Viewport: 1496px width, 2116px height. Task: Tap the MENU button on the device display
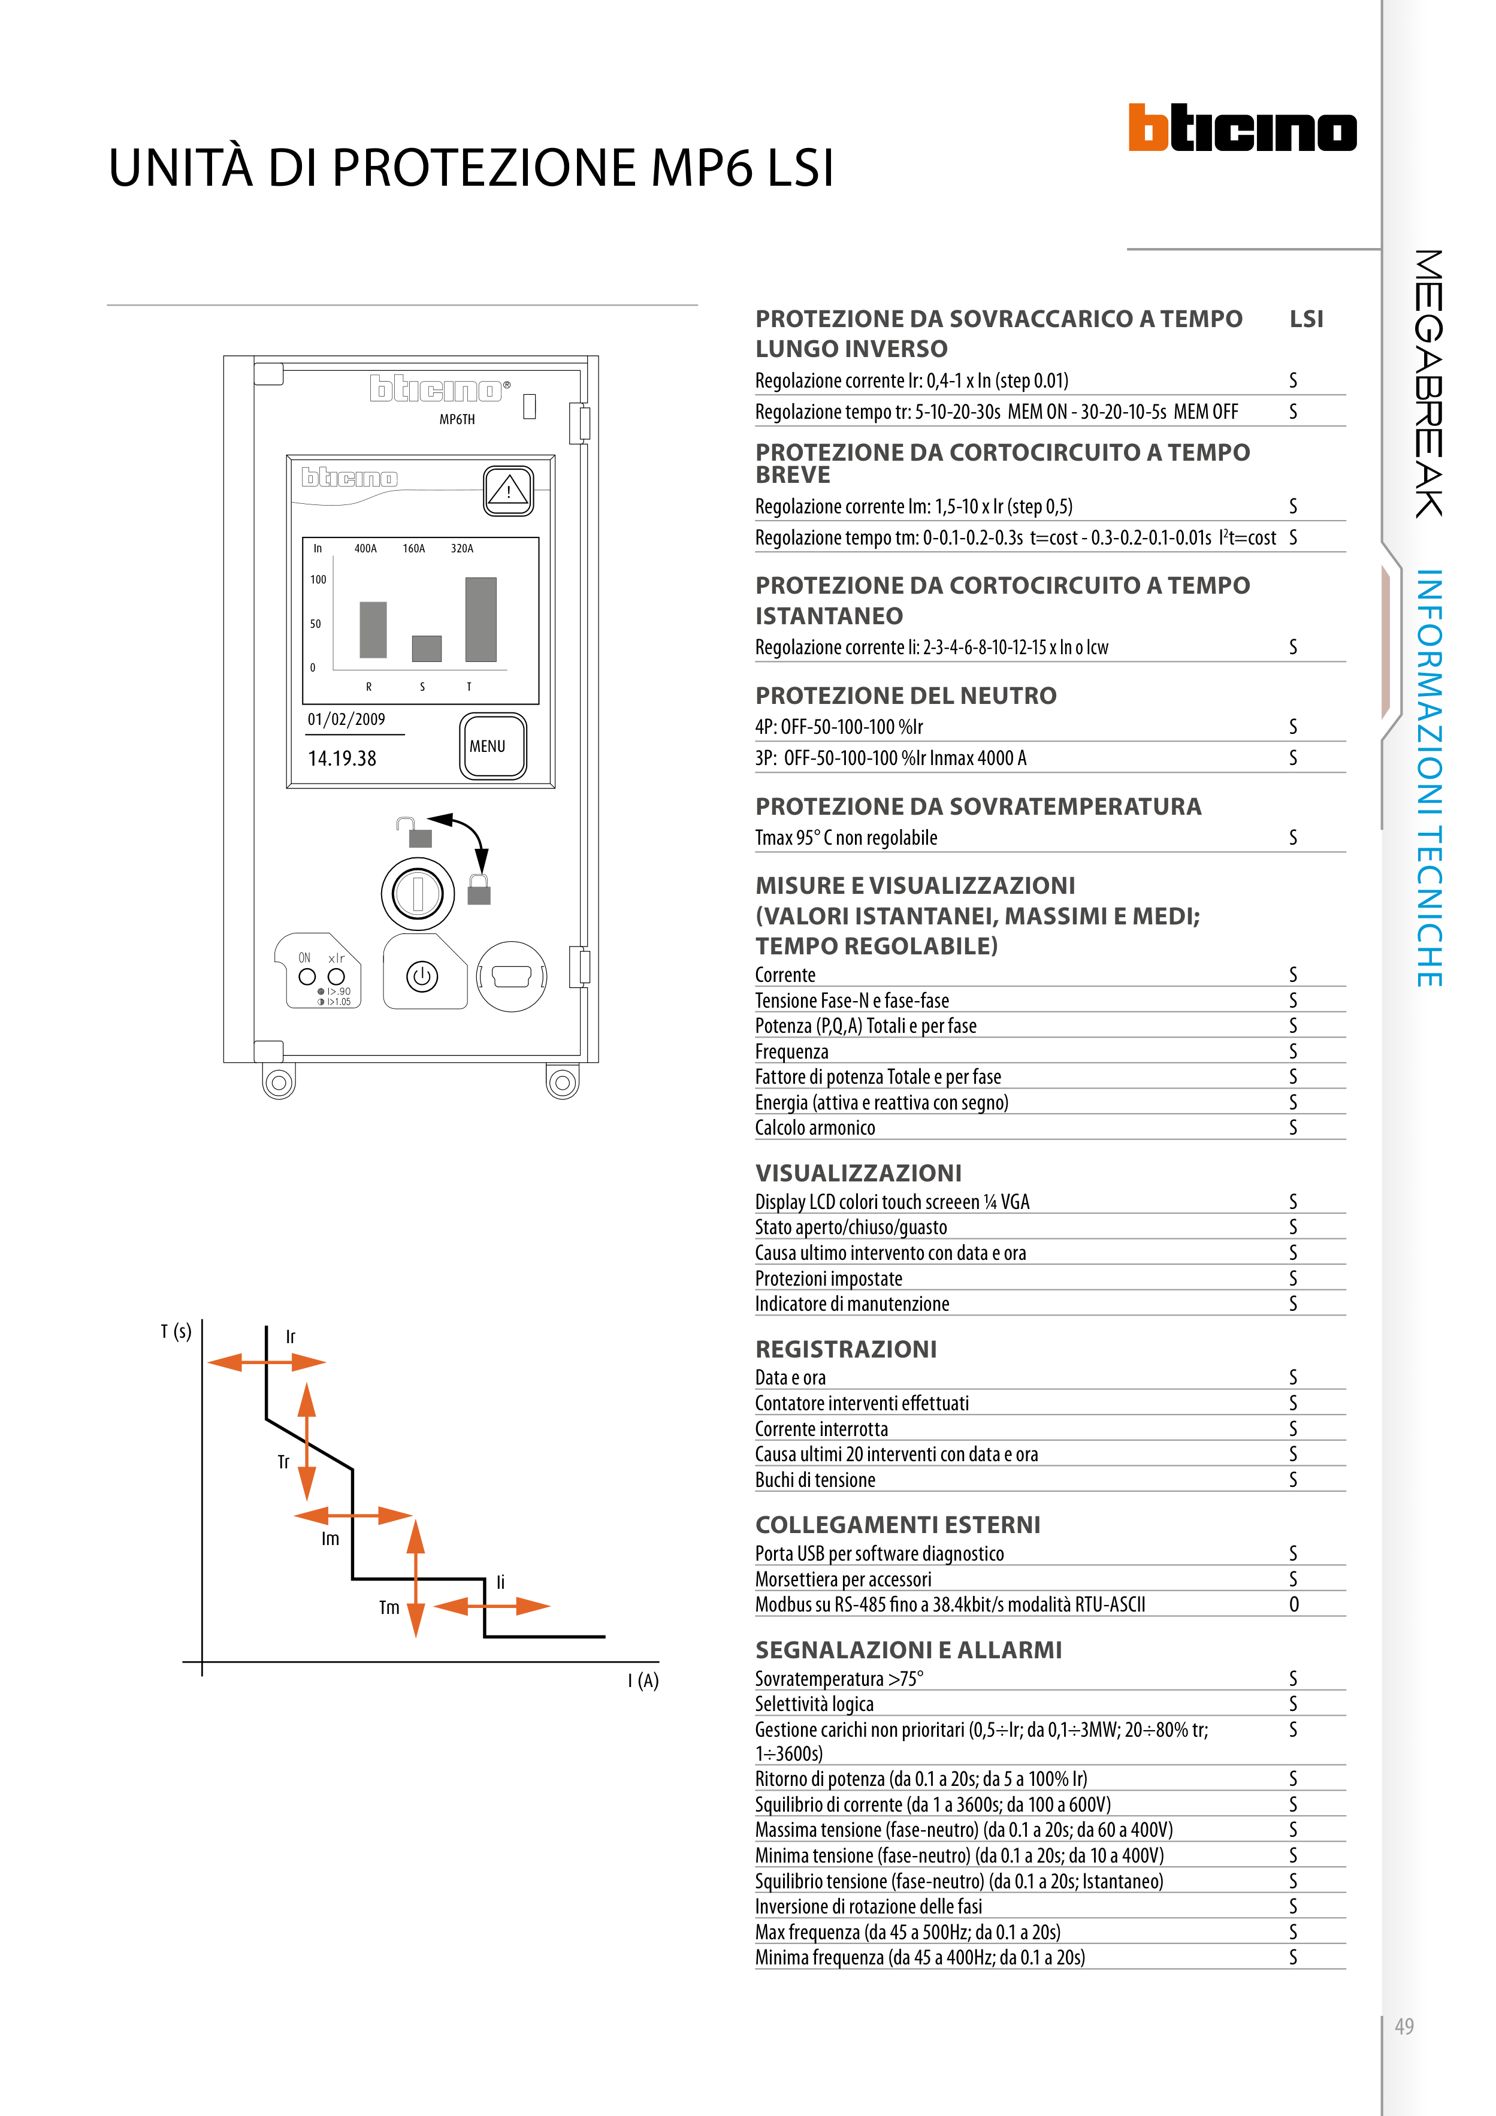(x=493, y=746)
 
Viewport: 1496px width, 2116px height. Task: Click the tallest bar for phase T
(x=481, y=619)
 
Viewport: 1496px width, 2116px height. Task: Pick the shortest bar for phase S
(x=427, y=649)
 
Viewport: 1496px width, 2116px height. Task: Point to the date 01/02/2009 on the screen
(x=346, y=719)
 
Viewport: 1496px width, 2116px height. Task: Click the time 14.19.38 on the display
(x=342, y=758)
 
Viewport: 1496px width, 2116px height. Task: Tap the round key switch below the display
(x=418, y=893)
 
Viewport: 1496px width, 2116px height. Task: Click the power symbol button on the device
(x=422, y=976)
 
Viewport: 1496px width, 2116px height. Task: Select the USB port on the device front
(x=512, y=976)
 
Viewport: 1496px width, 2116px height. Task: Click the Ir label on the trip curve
(x=291, y=1337)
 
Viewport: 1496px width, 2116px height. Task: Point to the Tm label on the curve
(x=389, y=1607)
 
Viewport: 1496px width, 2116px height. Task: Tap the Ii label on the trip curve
(x=500, y=1582)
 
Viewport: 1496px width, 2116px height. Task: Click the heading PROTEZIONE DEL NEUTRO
(x=906, y=696)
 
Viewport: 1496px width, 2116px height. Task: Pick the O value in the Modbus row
(x=1294, y=1604)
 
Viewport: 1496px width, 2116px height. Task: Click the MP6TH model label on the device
(x=457, y=419)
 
